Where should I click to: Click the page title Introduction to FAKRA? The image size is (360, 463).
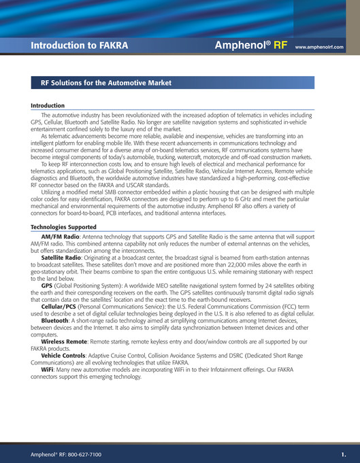tap(80, 46)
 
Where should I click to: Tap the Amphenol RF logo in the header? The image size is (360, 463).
tap(251, 46)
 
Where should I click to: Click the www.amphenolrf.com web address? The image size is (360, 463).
tap(318, 48)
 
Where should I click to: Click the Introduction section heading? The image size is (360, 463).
tap(48, 106)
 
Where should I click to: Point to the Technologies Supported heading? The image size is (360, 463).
tap(64, 226)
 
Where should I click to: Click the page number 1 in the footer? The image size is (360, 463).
tap(344, 453)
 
